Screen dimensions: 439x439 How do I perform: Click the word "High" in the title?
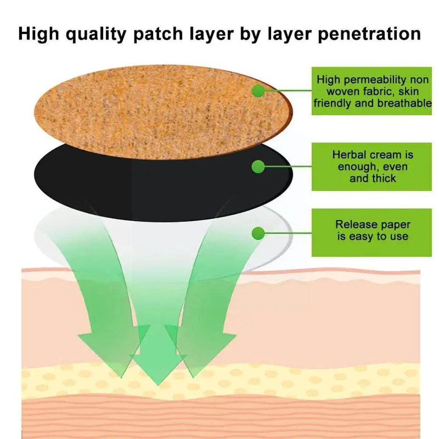(40, 34)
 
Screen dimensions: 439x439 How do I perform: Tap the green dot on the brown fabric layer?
(258, 91)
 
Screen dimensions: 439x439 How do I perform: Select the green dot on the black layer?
(258, 166)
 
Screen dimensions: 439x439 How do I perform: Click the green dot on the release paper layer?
(258, 234)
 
